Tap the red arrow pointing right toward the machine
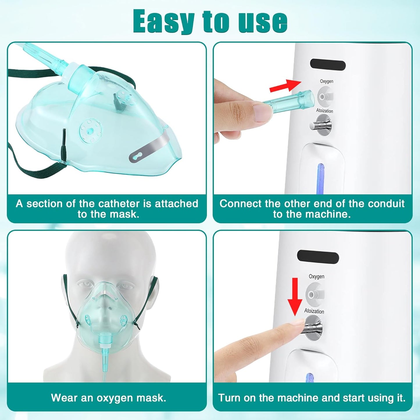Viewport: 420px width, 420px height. click(x=285, y=86)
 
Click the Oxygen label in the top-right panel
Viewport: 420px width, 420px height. click(x=326, y=81)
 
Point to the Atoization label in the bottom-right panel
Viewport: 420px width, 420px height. click(x=314, y=311)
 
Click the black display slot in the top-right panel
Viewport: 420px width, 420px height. click(x=328, y=65)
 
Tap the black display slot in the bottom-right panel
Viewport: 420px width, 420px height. click(x=318, y=257)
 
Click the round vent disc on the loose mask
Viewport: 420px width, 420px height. click(x=90, y=130)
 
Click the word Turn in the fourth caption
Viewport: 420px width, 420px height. click(x=230, y=398)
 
